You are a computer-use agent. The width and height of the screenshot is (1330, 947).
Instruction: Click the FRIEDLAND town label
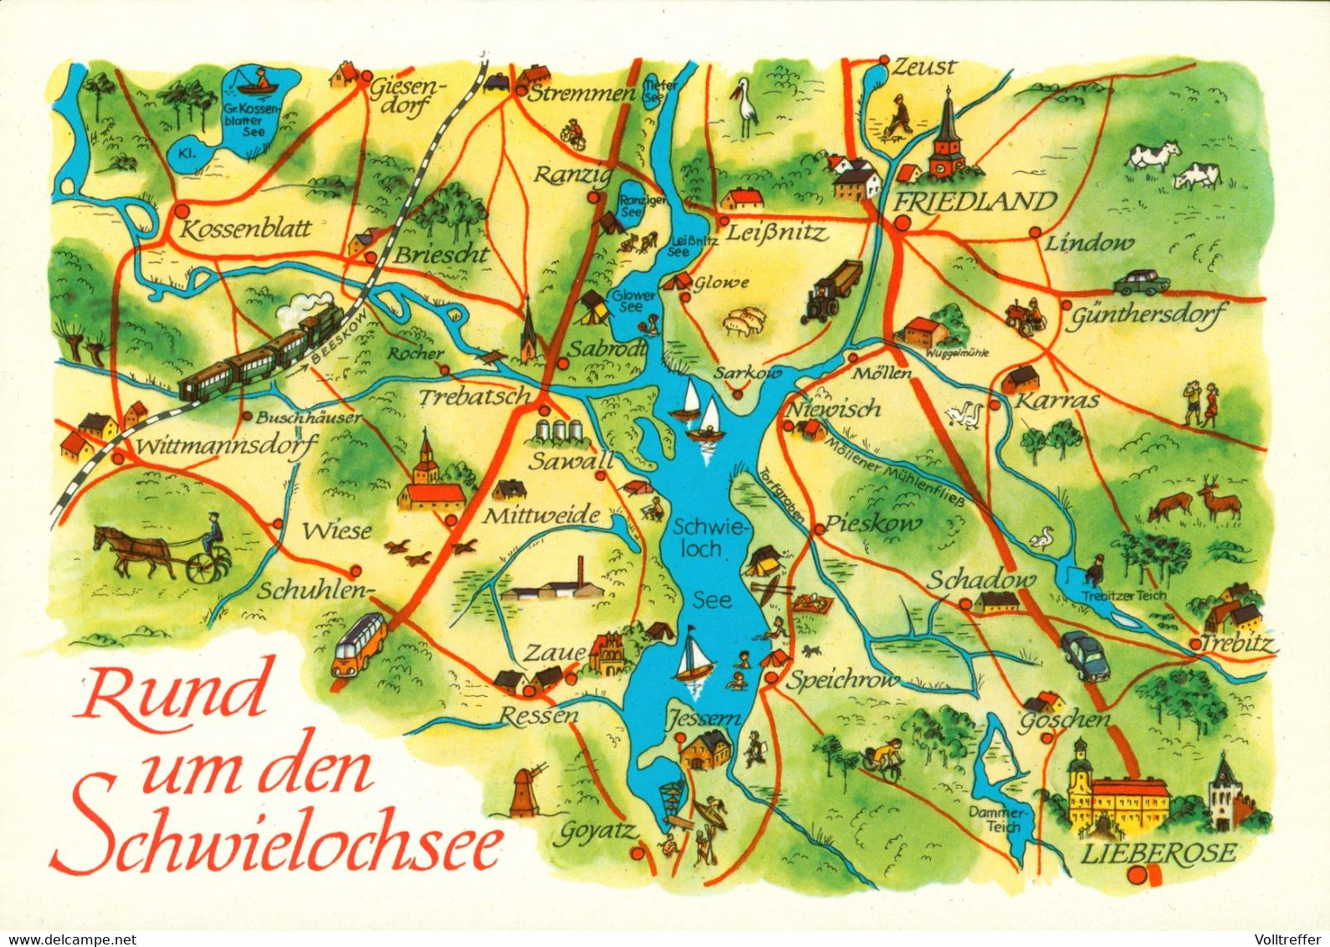click(976, 202)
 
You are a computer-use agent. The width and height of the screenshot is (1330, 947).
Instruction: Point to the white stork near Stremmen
click(744, 106)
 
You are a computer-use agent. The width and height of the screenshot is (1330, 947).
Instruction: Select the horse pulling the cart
click(131, 550)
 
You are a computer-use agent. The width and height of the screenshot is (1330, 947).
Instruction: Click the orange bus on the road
click(360, 643)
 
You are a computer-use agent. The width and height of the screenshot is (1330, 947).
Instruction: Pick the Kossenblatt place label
click(246, 228)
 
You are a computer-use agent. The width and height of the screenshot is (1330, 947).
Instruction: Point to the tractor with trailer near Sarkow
click(831, 291)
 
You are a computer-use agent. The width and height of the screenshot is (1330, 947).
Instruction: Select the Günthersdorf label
click(1148, 315)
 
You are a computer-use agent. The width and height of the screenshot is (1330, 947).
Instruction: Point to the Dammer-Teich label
click(996, 819)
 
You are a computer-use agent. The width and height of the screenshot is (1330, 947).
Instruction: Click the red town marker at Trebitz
click(1195, 642)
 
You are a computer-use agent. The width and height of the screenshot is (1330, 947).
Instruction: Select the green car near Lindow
click(1141, 280)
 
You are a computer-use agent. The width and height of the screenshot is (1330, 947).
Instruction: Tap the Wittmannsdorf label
click(226, 446)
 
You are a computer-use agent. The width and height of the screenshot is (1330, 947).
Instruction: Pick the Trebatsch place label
click(474, 396)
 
